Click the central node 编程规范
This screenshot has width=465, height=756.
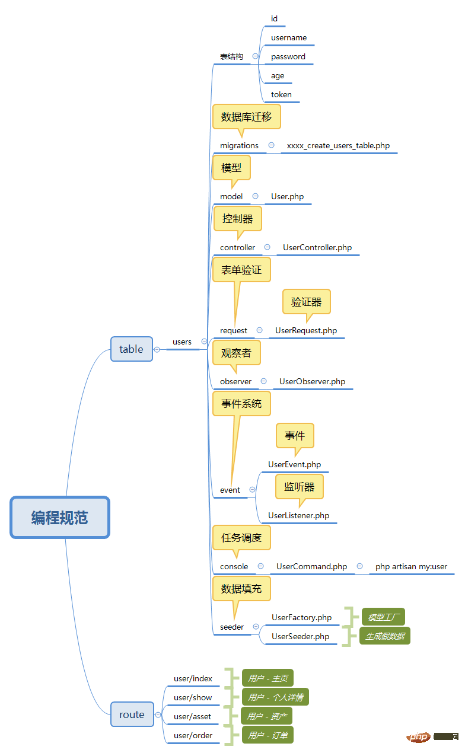[60, 518]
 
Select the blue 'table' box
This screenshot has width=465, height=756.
[131, 349]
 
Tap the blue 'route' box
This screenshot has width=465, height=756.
[131, 714]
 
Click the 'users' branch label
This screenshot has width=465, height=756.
[182, 342]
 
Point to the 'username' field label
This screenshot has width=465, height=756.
[289, 38]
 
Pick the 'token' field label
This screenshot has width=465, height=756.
[281, 95]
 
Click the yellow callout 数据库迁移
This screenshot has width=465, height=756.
[246, 117]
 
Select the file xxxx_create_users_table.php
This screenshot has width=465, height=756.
[338, 145]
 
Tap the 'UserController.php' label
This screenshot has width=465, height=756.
[317, 247]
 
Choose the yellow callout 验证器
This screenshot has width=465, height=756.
[306, 302]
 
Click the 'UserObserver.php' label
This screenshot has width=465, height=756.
[312, 381]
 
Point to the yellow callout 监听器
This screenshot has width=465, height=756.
[299, 487]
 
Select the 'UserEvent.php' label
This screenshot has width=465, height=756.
[294, 464]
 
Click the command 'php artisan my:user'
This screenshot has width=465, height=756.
[411, 566]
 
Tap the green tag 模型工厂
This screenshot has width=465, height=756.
[383, 617]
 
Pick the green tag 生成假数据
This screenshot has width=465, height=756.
[384, 636]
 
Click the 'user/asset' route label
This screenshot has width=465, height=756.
[192, 716]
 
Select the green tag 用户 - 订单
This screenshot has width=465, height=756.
[267, 735]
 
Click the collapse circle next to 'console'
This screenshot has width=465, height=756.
[260, 566]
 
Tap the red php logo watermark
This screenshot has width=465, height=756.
[418, 737]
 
